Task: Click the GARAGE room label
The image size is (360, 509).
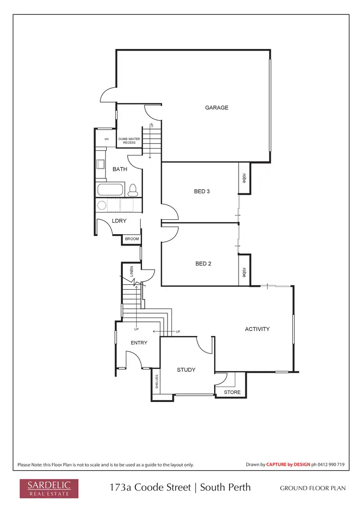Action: (216, 107)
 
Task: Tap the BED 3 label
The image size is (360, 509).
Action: (202, 191)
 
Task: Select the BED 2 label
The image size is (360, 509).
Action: (203, 263)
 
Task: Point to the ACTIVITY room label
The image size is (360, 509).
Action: (257, 329)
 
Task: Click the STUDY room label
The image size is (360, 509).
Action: (186, 370)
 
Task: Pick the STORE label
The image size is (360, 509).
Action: (233, 392)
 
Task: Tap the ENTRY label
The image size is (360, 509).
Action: (139, 343)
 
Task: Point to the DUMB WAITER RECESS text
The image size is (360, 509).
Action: (129, 141)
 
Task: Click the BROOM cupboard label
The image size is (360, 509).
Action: (132, 239)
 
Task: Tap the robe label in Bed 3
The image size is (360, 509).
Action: (244, 178)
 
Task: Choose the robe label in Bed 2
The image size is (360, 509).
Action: (244, 272)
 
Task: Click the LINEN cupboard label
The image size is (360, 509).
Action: (132, 272)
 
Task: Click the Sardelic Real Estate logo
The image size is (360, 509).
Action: (45, 488)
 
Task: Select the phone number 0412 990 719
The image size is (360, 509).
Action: (332, 464)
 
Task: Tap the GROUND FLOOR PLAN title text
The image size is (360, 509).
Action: (313, 488)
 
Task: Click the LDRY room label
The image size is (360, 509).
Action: (119, 221)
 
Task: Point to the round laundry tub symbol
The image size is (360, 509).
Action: (102, 206)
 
